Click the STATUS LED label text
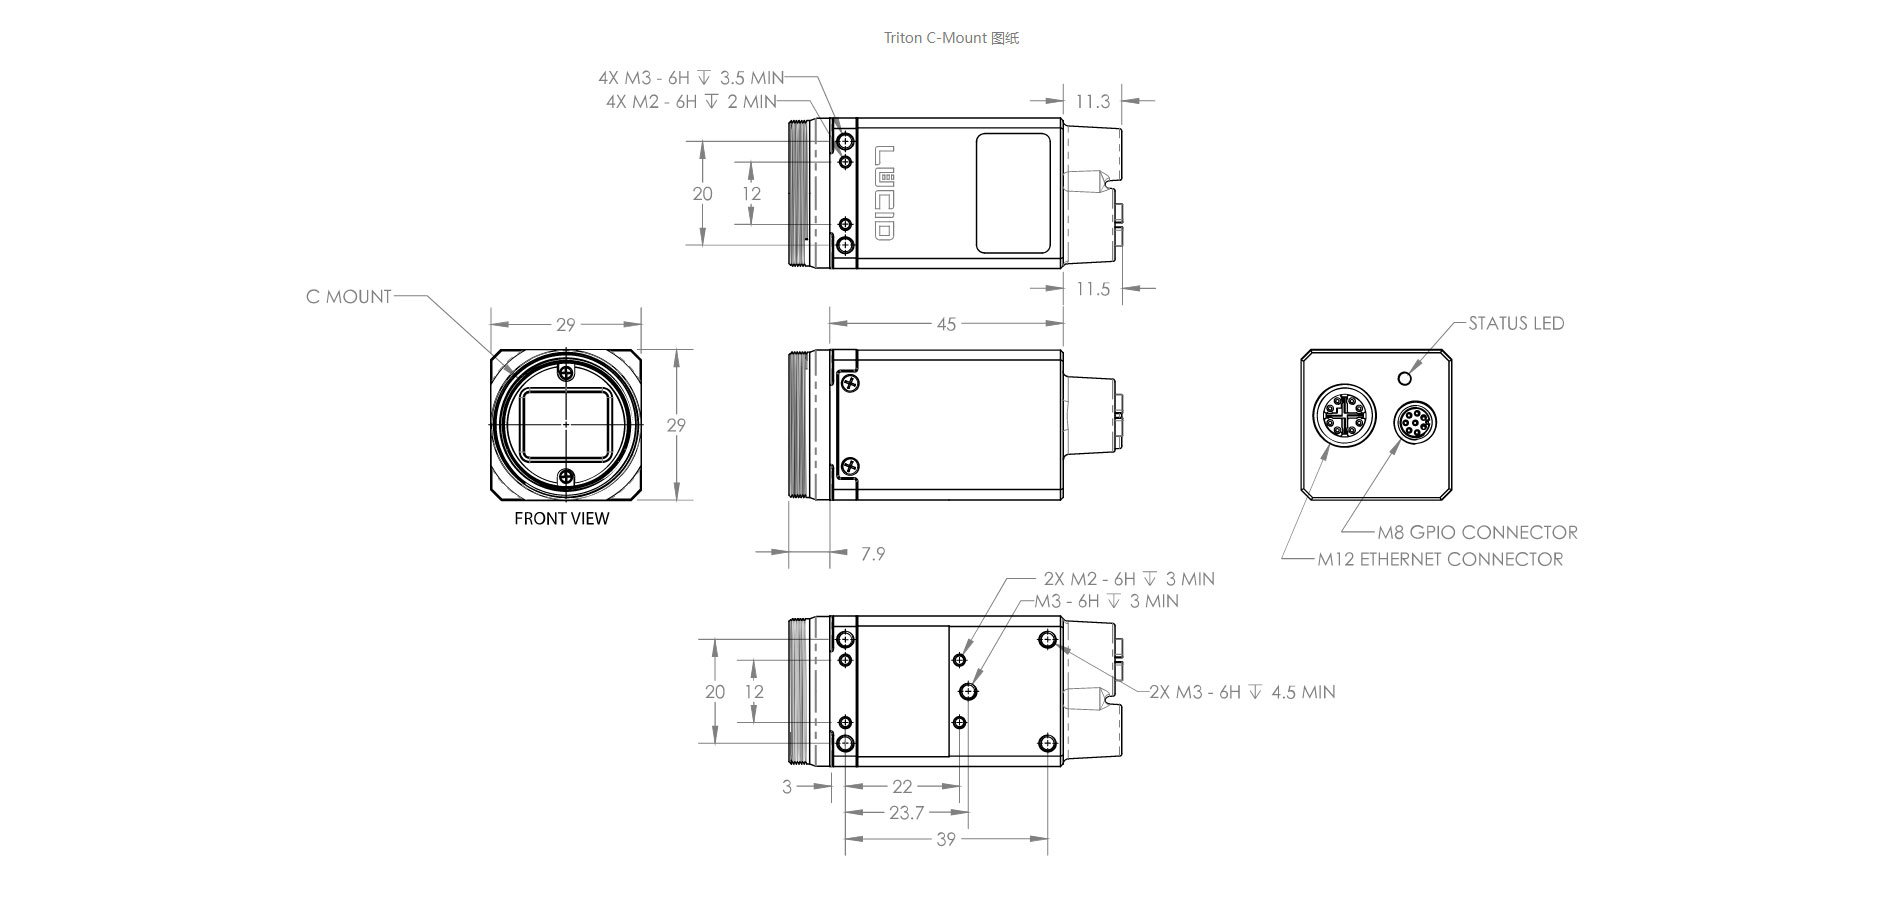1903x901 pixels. click(x=1516, y=323)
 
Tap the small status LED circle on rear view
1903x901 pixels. click(x=1405, y=378)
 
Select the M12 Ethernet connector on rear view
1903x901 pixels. click(x=1344, y=415)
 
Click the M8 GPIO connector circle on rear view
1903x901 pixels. click(x=1414, y=422)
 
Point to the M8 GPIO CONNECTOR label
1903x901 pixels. click(x=1477, y=532)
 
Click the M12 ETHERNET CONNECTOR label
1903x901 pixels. click(x=1440, y=559)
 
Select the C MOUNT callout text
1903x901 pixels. click(x=348, y=296)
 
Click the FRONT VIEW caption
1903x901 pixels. click(x=561, y=518)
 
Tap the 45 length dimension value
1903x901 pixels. click(x=946, y=324)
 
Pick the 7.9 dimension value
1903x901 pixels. click(x=873, y=553)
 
